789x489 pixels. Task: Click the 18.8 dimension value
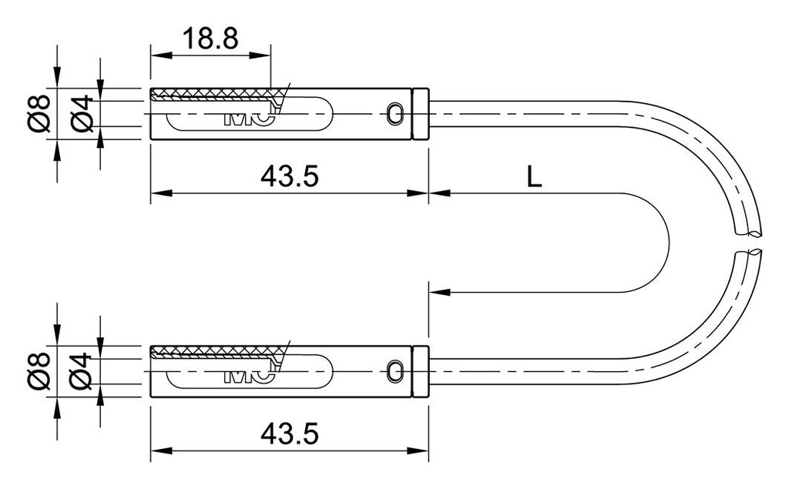pos(211,39)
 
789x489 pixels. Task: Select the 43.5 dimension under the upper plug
pos(290,176)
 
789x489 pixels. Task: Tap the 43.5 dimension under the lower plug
pos(290,434)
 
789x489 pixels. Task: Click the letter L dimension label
pos(534,176)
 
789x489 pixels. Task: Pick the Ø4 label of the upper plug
pos(82,114)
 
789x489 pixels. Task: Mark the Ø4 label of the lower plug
pos(82,371)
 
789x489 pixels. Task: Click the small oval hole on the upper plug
pos(396,113)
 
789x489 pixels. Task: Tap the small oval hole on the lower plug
pos(396,370)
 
